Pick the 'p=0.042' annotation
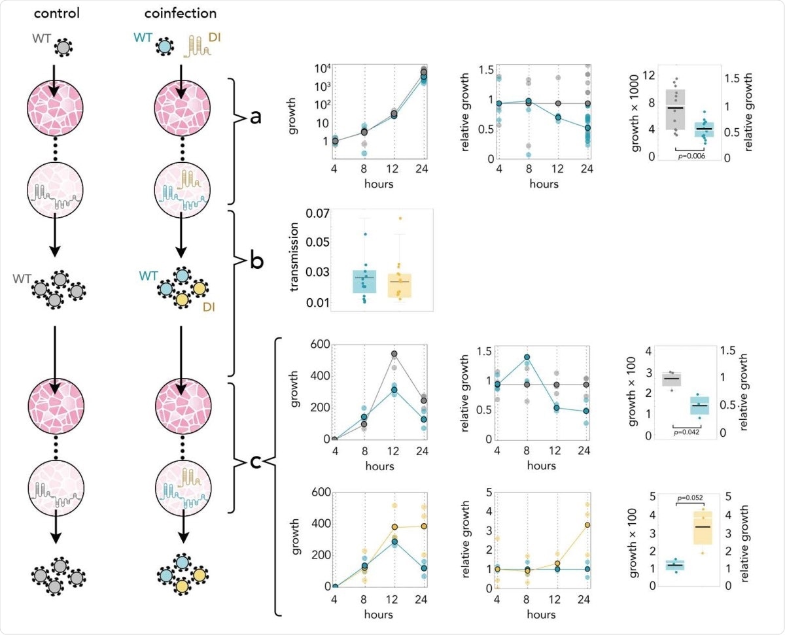687,432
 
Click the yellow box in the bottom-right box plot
702,527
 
